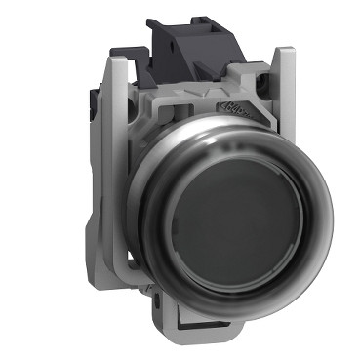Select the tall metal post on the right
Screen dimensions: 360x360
tap(283, 98)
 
